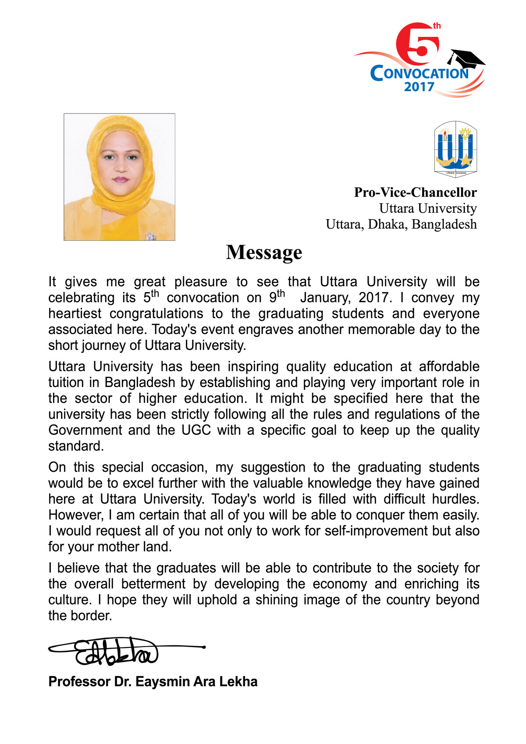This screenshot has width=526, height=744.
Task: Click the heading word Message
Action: pos(264,253)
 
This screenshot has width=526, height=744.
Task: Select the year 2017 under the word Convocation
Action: pos(419,87)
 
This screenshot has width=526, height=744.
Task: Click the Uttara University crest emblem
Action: pos(455,149)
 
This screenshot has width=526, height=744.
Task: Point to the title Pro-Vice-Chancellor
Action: pos(415,192)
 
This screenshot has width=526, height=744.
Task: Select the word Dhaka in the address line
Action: pos(387,224)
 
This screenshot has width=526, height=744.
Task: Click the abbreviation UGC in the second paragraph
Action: pos(196,430)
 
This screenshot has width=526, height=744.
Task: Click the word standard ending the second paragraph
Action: pos(75,446)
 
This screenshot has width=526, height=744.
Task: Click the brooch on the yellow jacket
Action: pos(151,236)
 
